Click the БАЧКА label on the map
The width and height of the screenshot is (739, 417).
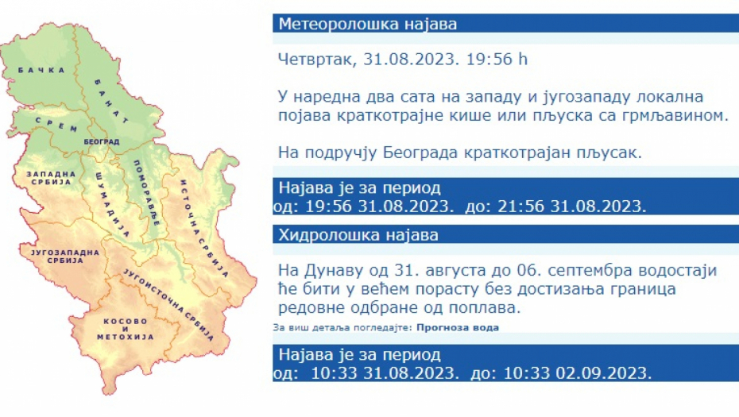coord(41,70)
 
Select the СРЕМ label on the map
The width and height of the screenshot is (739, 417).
coord(56,125)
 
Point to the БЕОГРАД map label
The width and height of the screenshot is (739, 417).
coord(102,142)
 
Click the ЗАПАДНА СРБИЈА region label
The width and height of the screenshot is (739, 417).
coord(51,178)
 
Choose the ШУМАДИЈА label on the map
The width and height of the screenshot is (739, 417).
coord(112,204)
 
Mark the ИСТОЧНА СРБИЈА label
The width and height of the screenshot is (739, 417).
coord(204,229)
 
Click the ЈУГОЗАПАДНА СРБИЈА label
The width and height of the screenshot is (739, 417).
coord(65,257)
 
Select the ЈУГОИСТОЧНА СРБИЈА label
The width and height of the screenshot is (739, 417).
coord(168,304)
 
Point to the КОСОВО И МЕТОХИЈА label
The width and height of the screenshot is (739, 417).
coord(126,329)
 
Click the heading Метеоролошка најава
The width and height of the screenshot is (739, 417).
coord(368,24)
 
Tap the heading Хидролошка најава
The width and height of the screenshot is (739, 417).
coord(358,234)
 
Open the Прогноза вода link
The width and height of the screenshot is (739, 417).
coord(458,327)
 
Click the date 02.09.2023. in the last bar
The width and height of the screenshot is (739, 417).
coord(604,373)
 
